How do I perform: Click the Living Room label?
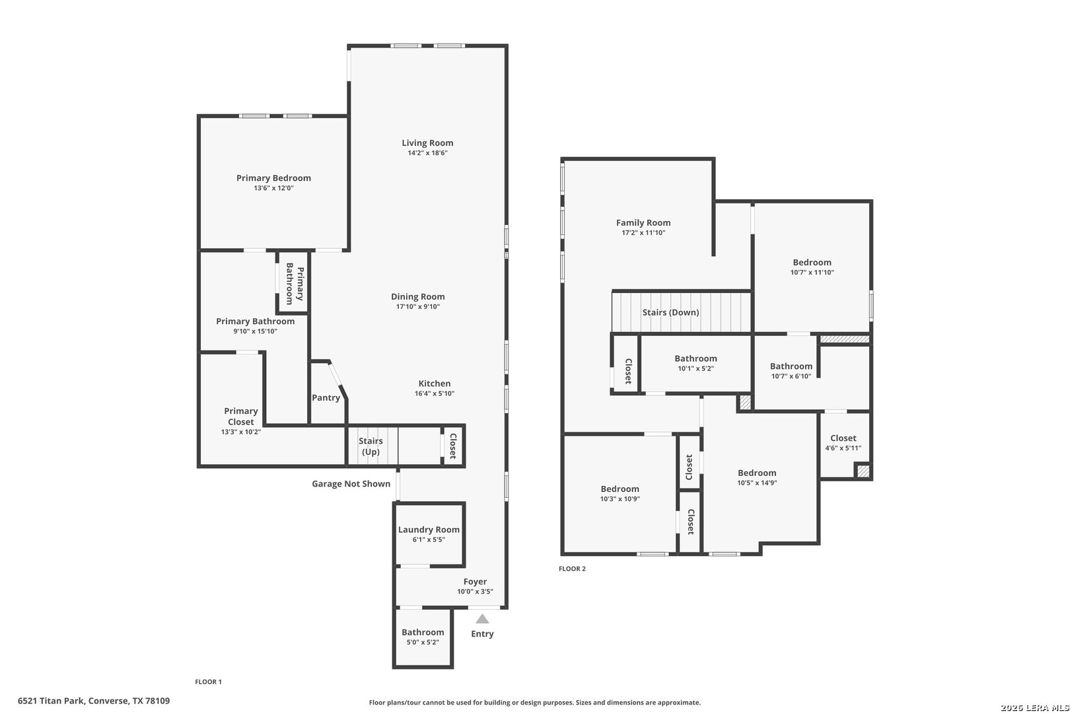[x=427, y=143]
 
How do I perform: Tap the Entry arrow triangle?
[x=482, y=619]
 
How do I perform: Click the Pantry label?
[x=326, y=397]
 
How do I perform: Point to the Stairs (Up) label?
[x=371, y=446]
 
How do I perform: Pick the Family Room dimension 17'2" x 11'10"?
[x=643, y=232]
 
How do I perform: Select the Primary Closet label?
[x=240, y=416]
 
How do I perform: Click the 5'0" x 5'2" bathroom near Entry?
[x=423, y=637]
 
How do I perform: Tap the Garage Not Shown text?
[x=351, y=484]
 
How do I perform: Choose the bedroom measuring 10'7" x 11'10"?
[x=812, y=267]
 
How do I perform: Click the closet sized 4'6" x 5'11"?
[x=843, y=442]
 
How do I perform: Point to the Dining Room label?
[x=417, y=296]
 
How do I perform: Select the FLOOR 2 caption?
[x=572, y=568]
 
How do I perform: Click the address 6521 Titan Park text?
[x=94, y=700]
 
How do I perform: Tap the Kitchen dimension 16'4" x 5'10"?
[x=434, y=393]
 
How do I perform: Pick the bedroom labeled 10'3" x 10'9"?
[x=620, y=494]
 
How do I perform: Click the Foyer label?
[x=475, y=582]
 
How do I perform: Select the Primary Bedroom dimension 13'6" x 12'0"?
[x=273, y=188]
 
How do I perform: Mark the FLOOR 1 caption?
[x=208, y=681]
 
